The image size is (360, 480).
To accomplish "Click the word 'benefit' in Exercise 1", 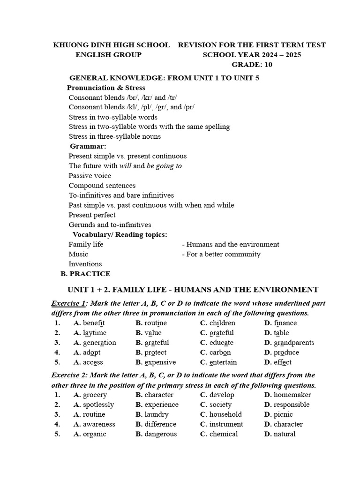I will [94, 323].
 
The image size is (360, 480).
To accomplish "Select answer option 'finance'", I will [285, 323].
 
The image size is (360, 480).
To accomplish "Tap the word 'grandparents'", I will [294, 343].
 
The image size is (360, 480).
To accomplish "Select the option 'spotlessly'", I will [98, 405].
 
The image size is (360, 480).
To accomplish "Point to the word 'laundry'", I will [157, 414].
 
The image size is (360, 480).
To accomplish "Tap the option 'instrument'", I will [226, 424].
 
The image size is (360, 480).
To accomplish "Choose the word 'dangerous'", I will [161, 434].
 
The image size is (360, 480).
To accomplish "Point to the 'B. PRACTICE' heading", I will [86, 274].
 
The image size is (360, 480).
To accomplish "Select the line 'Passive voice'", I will [90, 176].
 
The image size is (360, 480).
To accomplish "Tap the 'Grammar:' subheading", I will [88, 146].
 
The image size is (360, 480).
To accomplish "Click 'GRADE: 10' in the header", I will [252, 65].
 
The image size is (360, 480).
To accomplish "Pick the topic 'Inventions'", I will [85, 264].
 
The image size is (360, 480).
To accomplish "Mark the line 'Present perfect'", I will [92, 215].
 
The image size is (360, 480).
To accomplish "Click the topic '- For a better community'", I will [221, 254].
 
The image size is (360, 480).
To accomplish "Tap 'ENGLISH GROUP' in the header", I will [108, 55].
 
